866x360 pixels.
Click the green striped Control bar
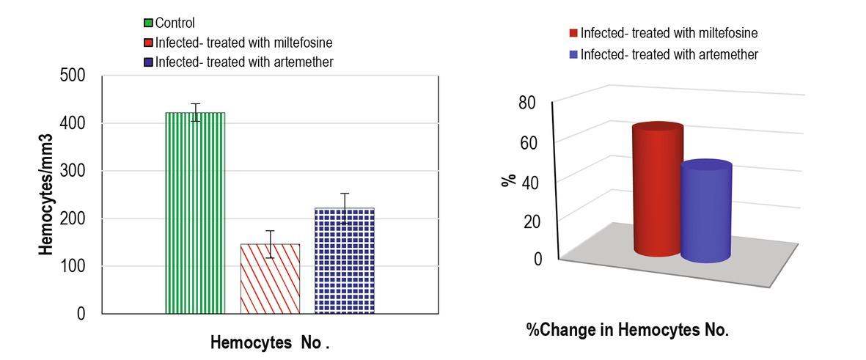click(x=195, y=213)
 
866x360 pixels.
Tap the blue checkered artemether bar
click(x=345, y=260)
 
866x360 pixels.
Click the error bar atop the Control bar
click(x=195, y=112)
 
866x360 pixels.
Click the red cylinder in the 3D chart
click(x=658, y=191)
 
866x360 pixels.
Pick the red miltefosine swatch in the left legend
click(x=150, y=43)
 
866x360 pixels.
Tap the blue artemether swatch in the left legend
click(x=150, y=62)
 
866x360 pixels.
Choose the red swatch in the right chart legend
click(x=573, y=33)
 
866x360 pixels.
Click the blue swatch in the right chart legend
click(x=573, y=55)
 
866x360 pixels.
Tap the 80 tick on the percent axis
click(x=528, y=103)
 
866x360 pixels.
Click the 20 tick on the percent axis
click(x=531, y=221)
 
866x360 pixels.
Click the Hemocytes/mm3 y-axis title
click(x=46, y=194)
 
